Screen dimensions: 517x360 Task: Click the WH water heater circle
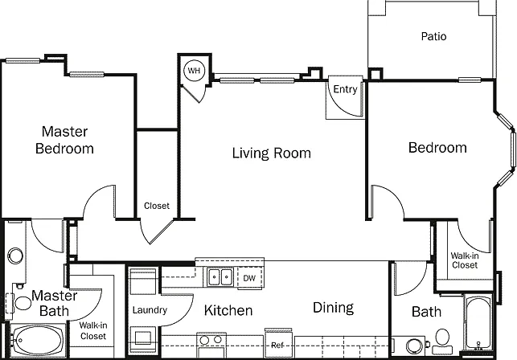tap(195, 70)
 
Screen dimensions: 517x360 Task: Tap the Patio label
tap(433, 36)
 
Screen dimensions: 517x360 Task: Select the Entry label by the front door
tap(345, 89)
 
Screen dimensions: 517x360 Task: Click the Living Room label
tap(271, 153)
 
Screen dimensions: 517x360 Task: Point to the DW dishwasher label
tap(249, 278)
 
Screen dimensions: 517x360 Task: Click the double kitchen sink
tap(220, 276)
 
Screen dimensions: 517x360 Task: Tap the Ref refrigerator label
tap(277, 346)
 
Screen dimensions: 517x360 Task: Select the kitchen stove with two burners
tap(211, 345)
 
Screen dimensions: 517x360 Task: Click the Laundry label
tap(150, 310)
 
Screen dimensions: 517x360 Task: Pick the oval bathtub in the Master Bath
tap(37, 341)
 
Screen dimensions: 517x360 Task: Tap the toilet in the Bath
tap(442, 342)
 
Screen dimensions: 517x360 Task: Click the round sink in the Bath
tap(414, 346)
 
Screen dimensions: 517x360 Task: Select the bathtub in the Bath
tap(478, 323)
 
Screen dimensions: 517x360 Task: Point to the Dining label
tap(333, 308)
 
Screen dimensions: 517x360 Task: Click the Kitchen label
tap(228, 310)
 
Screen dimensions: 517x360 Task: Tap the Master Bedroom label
tap(64, 140)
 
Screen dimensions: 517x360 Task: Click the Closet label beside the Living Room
tap(157, 206)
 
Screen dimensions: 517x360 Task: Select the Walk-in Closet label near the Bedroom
tap(465, 260)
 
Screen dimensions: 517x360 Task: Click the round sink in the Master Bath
tap(15, 256)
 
